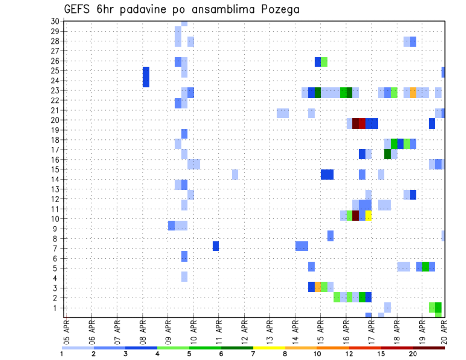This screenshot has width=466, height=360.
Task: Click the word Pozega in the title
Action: tap(278, 10)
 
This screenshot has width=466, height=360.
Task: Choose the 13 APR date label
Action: tap(270, 332)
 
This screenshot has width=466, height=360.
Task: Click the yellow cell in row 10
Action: tap(368, 215)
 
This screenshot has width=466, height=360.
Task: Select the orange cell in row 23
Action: tap(413, 92)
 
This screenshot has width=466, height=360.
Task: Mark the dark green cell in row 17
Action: tap(387, 154)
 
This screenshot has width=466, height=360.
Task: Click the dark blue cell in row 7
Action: tap(216, 246)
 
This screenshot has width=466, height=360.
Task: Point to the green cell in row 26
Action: tap(324, 62)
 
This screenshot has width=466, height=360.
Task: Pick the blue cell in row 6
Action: tap(184, 256)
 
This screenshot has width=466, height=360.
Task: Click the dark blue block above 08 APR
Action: tap(146, 77)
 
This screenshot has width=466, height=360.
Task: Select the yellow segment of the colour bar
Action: tap(269, 348)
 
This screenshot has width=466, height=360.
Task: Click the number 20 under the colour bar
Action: tap(413, 354)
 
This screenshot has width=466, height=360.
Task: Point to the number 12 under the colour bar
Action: tap(349, 354)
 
